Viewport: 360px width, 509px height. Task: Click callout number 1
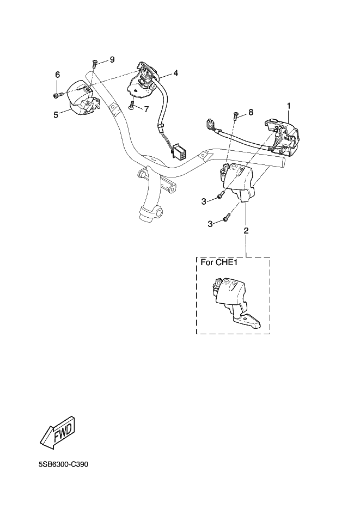pos(289,105)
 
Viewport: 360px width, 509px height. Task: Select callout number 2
pos(246,231)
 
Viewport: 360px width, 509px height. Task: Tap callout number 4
pos(176,72)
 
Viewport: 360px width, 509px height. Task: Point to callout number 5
pos(56,114)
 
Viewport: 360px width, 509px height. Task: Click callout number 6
pos(57,75)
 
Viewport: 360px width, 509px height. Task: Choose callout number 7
pos(146,109)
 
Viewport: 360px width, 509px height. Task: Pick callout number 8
pos(251,112)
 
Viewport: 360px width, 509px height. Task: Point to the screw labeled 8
pos(235,115)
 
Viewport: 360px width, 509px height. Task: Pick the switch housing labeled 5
pos(80,97)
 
